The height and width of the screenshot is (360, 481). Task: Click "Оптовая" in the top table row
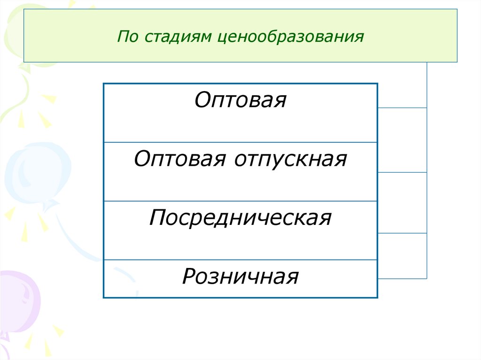[x=240, y=100]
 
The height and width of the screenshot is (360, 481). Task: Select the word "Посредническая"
[x=240, y=218]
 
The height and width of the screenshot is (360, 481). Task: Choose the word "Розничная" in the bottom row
[x=240, y=276]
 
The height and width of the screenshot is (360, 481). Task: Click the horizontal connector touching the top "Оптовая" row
[x=402, y=108]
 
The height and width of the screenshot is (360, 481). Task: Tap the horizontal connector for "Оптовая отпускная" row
[x=402, y=172]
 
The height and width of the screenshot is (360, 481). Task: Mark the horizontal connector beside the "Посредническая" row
[x=402, y=233]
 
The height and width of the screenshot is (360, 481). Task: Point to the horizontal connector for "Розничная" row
[x=402, y=279]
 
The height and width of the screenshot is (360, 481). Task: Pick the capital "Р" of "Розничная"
[x=188, y=276]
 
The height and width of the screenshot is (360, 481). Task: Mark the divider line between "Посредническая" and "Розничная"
[x=240, y=260]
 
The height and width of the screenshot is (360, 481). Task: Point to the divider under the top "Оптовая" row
[x=240, y=142]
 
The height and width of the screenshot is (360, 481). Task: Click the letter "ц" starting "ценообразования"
[x=221, y=38]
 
